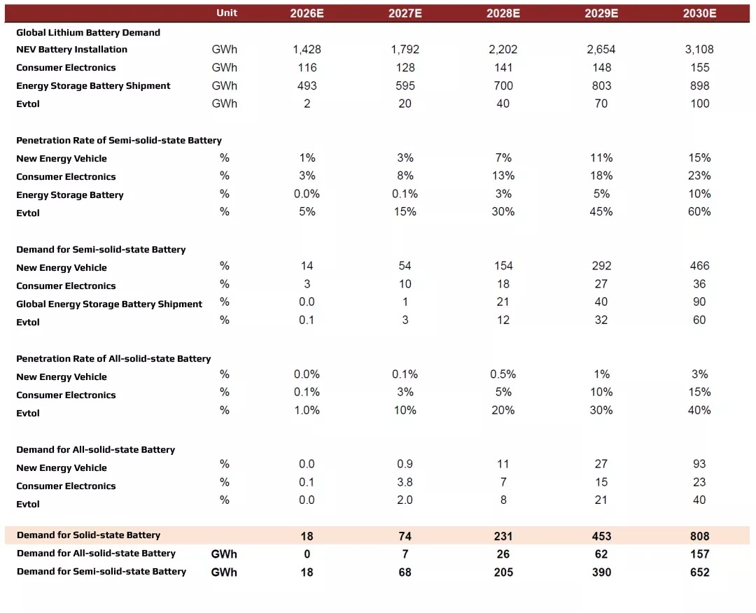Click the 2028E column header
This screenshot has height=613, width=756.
[x=503, y=13]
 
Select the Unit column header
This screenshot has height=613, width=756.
[x=227, y=13]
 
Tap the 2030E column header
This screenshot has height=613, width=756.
[x=699, y=13]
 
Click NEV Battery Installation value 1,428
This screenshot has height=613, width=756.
[x=307, y=50]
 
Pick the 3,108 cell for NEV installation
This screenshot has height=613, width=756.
[x=699, y=50]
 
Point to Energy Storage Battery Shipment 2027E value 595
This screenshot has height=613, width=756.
[x=405, y=85]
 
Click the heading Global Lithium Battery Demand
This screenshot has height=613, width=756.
[x=88, y=32]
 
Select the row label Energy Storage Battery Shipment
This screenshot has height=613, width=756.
[x=93, y=85]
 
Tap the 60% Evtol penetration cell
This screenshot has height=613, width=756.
[x=699, y=211]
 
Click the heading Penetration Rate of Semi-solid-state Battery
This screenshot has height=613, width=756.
[x=119, y=140]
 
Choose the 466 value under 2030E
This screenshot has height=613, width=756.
[x=699, y=266]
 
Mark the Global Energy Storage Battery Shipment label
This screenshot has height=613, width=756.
[x=109, y=304]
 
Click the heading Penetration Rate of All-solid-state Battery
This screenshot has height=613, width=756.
[x=113, y=358]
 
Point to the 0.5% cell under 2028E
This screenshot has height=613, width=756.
[x=503, y=374]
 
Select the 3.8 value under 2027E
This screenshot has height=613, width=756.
[x=405, y=482]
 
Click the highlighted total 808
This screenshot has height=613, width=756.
[x=699, y=536]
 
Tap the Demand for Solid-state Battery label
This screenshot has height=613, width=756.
[x=88, y=535]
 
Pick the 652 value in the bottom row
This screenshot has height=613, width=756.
[x=699, y=572]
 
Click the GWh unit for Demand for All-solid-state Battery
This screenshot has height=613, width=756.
[x=224, y=554]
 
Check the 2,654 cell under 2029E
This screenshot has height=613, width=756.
[x=601, y=50]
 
